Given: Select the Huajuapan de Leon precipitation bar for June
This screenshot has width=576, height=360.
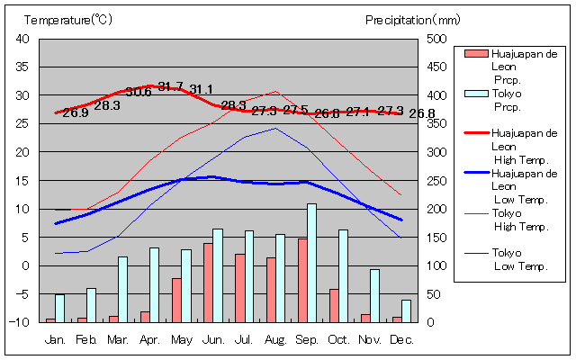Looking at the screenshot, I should pyautogui.click(x=208, y=283).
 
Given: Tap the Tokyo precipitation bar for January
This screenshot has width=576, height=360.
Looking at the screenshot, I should pyautogui.click(x=59, y=308).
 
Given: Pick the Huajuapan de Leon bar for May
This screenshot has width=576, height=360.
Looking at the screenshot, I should pyautogui.click(x=176, y=300).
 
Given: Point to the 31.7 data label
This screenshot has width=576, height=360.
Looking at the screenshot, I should pyautogui.click(x=170, y=86).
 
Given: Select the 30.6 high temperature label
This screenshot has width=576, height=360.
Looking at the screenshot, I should pyautogui.click(x=139, y=92).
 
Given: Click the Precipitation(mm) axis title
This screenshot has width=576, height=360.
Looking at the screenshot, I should pyautogui.click(x=413, y=19).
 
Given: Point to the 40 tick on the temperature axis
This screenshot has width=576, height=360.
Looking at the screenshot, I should pyautogui.click(x=22, y=39).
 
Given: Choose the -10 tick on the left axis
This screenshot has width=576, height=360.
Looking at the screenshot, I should pyautogui.click(x=21, y=322).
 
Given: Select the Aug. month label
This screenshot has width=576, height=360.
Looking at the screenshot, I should pyautogui.click(x=275, y=339).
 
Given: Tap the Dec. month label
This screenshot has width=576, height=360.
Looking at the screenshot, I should pyautogui.click(x=401, y=339).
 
